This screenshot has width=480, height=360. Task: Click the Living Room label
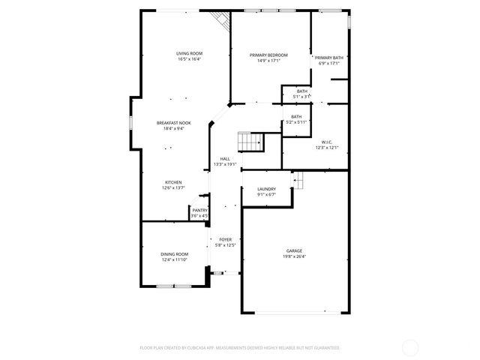pyautogui.click(x=189, y=53)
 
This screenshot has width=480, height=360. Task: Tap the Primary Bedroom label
pyautogui.click(x=268, y=55)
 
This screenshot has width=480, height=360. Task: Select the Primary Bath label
pyautogui.click(x=328, y=58)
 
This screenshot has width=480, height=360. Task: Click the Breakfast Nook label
pyautogui.click(x=173, y=122)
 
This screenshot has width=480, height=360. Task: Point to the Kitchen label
pyautogui.click(x=173, y=182)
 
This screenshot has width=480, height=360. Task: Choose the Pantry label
pyautogui.click(x=199, y=211)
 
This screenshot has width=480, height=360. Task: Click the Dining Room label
pyautogui.click(x=174, y=254)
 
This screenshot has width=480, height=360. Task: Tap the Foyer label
pyautogui.click(x=225, y=239)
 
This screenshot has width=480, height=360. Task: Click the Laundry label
pyautogui.click(x=266, y=189)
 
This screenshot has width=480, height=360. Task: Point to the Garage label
pyautogui.click(x=293, y=251)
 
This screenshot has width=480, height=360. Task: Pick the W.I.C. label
pyautogui.click(x=327, y=142)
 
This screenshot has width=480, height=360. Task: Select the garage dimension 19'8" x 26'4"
pyautogui.click(x=293, y=256)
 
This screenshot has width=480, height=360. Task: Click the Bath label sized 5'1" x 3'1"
pyautogui.click(x=301, y=91)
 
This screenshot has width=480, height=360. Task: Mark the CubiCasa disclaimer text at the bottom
pyautogui.click(x=240, y=347)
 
